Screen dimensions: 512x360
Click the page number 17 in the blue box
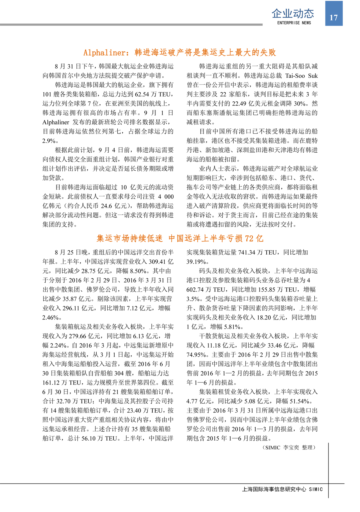334,18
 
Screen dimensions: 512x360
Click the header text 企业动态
293,13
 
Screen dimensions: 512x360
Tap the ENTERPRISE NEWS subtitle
294,23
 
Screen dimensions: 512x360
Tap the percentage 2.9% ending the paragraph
49,141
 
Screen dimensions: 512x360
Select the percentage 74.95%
197,355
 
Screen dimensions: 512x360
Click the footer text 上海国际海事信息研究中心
274,489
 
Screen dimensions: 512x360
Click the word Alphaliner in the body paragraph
56,122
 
